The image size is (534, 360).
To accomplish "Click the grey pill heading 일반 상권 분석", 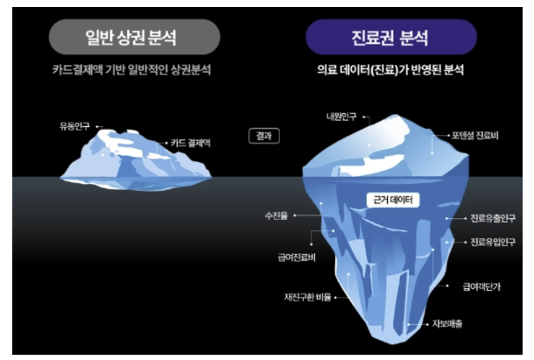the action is pyautogui.click(x=131, y=38).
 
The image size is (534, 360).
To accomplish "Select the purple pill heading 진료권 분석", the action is pyautogui.click(x=391, y=38).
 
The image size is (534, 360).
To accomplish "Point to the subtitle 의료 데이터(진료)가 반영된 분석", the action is pyautogui.click(x=391, y=68).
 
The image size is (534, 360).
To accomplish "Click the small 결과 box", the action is pyautogui.click(x=263, y=137).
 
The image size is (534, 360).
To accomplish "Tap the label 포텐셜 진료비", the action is pyautogui.click(x=474, y=135).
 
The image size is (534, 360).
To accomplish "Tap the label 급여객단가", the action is pyautogui.click(x=484, y=286).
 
